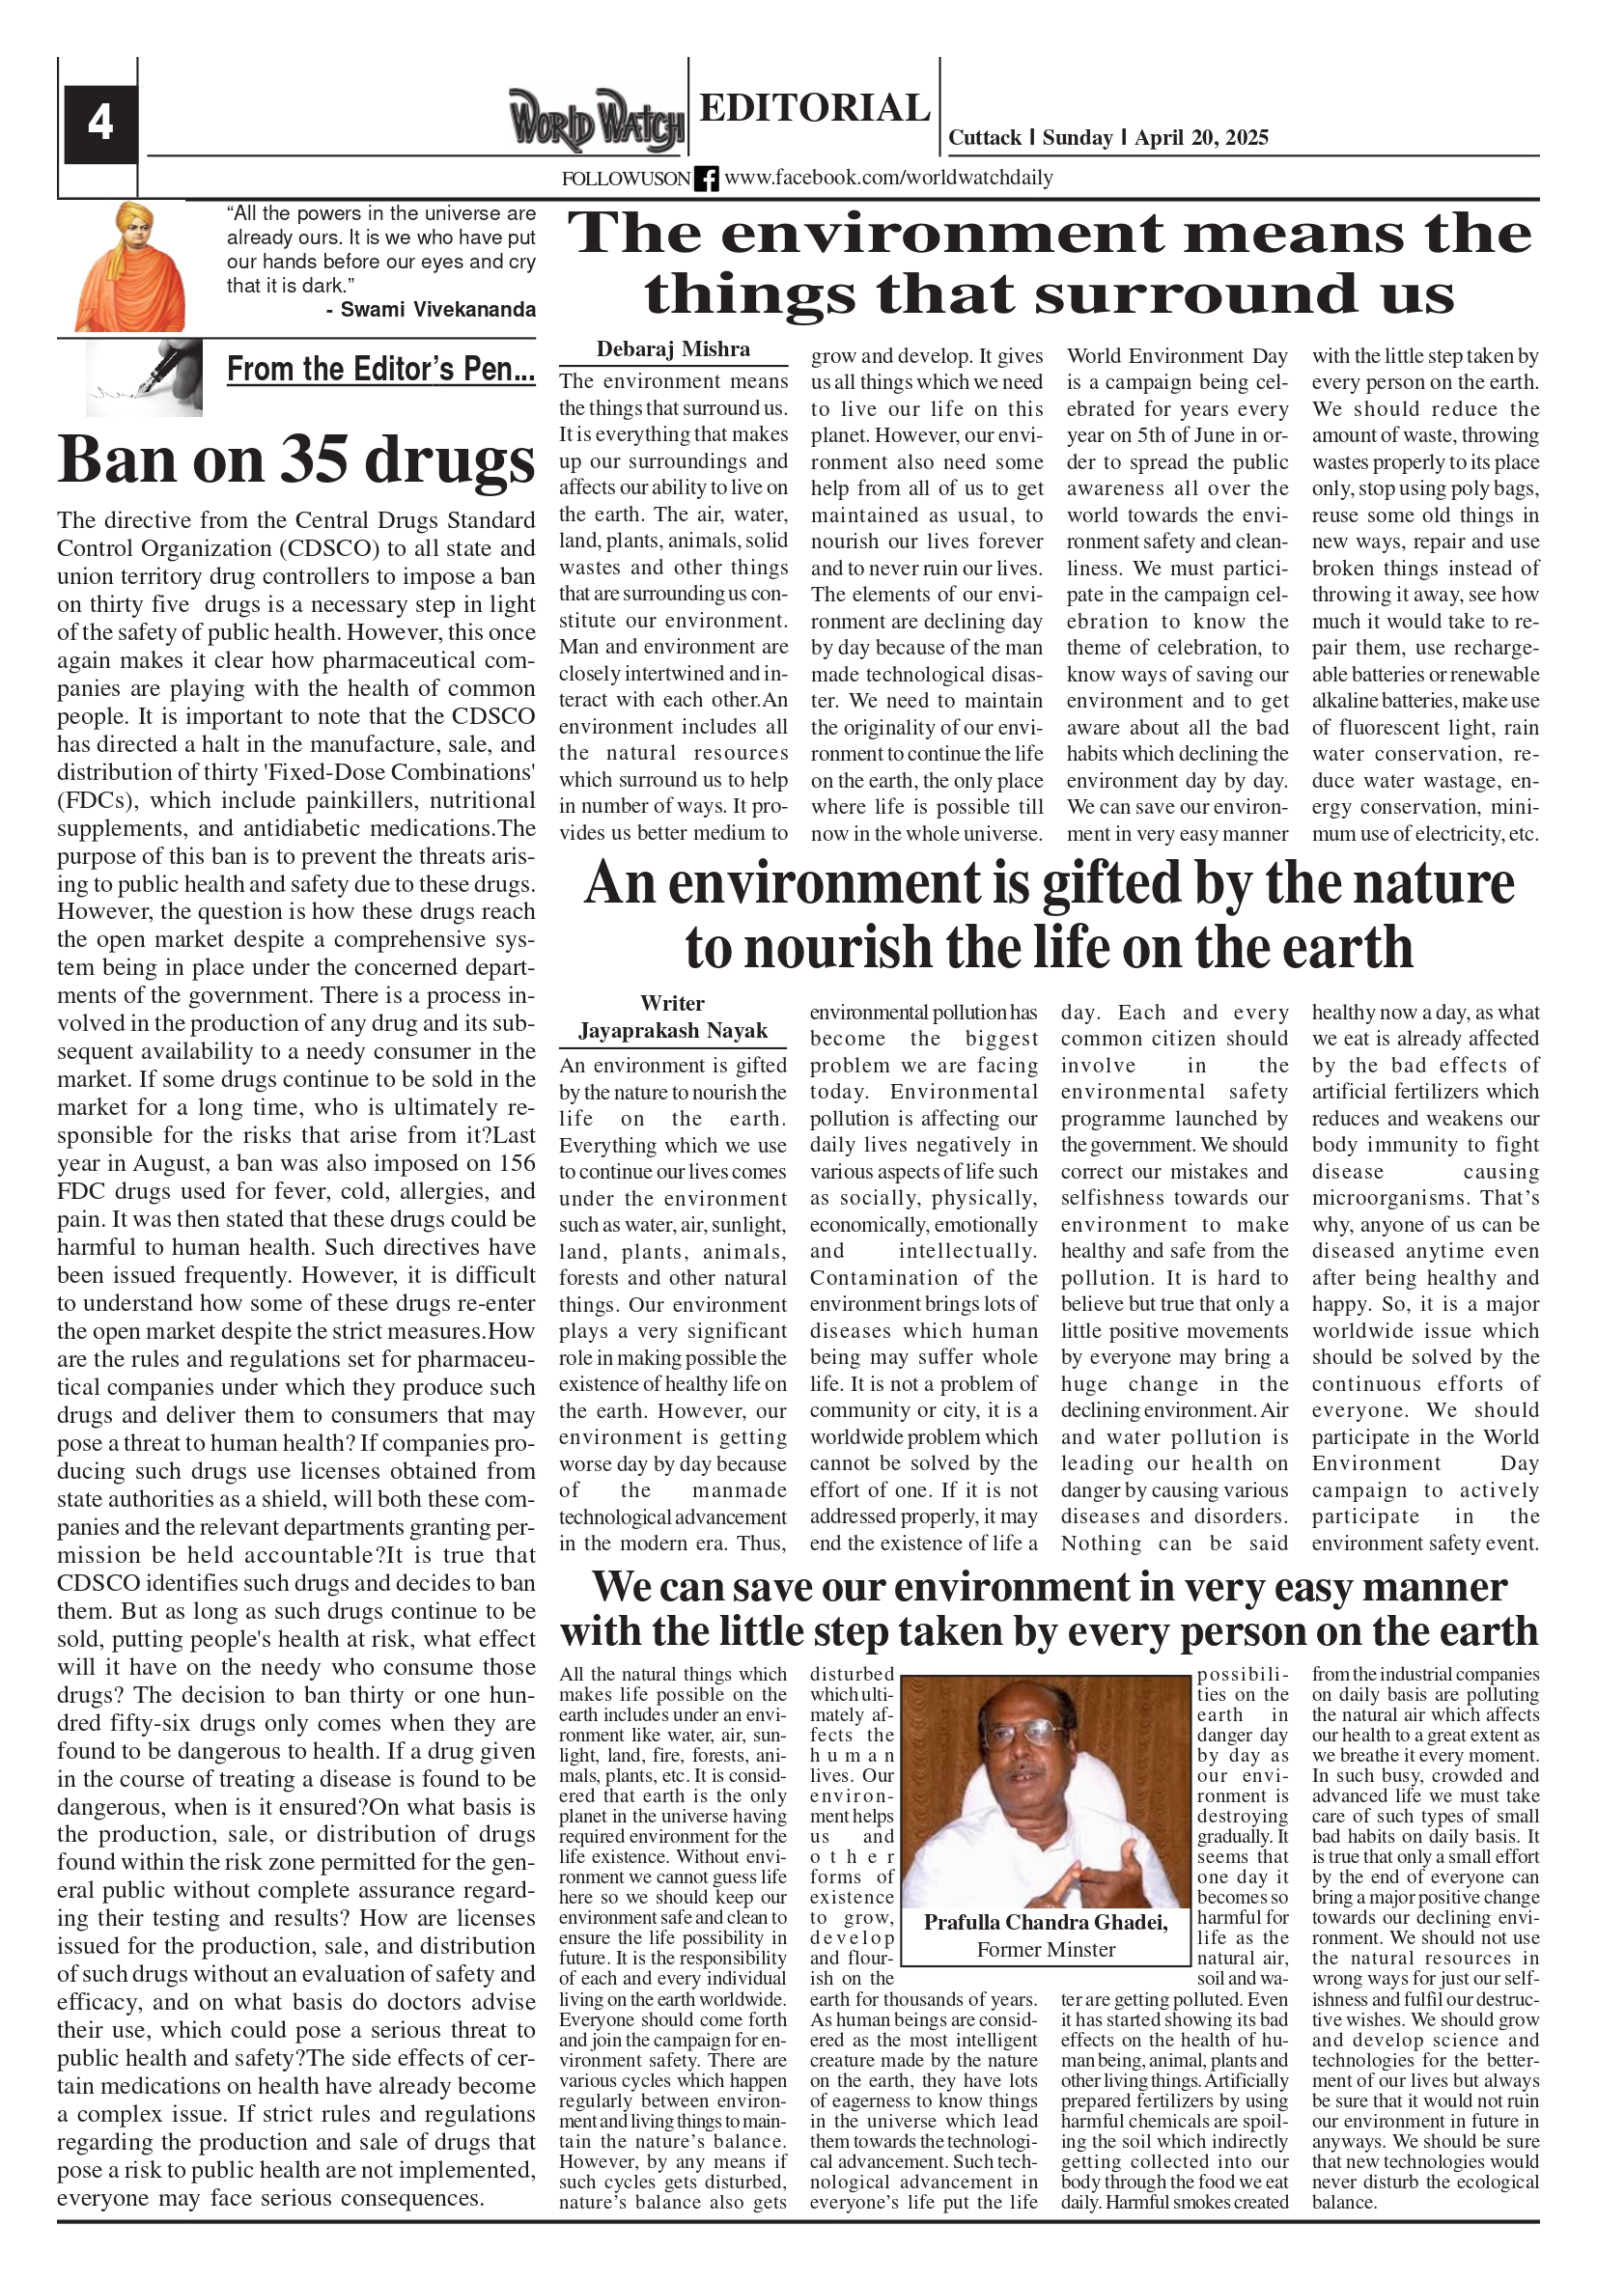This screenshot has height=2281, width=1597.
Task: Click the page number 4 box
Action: pyautogui.click(x=100, y=124)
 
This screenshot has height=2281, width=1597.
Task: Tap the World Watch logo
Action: pyautogui.click(x=597, y=122)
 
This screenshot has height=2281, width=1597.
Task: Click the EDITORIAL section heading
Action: pyautogui.click(x=814, y=107)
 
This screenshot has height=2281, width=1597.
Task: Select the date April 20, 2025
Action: pyautogui.click(x=1201, y=138)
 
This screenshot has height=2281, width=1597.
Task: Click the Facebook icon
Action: pyautogui.click(x=707, y=179)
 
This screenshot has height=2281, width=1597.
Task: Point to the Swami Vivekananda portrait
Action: pyautogui.click(x=130, y=267)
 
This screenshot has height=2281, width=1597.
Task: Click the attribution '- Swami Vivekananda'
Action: pyautogui.click(x=431, y=310)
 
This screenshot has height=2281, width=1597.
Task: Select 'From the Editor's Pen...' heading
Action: pyautogui.click(x=380, y=370)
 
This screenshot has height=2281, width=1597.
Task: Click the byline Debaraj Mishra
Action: pyautogui.click(x=673, y=349)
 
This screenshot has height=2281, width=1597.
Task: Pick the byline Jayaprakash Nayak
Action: pyautogui.click(x=673, y=1031)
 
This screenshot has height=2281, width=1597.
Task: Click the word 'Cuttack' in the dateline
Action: pyautogui.click(x=985, y=138)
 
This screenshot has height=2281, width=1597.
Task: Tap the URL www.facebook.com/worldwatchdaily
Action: pyautogui.click(x=888, y=179)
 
